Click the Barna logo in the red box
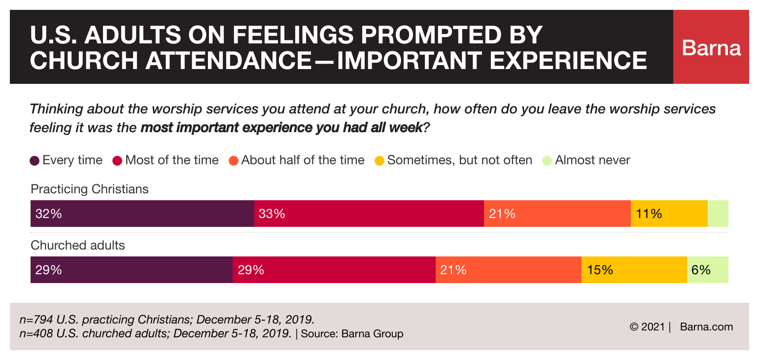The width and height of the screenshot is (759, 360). point(711,48)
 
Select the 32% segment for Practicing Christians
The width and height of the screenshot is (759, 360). point(142,214)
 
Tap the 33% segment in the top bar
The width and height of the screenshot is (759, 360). point(369,214)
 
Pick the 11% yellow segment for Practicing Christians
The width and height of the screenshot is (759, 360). point(669,214)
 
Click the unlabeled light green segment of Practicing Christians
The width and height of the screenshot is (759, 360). point(718,214)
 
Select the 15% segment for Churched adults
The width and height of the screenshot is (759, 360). point(634,270)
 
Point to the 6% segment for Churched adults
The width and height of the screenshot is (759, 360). point(707,270)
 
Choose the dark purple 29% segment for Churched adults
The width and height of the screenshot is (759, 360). point(131,270)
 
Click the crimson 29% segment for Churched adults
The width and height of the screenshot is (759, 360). point(334,270)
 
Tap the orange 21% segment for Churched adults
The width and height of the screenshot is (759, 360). point(508,270)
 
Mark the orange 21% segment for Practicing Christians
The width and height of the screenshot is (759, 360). point(557,214)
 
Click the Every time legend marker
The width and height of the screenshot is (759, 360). point(35,161)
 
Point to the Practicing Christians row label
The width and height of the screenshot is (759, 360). point(89,189)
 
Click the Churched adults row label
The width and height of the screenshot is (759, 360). point(78,245)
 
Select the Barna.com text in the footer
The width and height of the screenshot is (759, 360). point(706,326)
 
